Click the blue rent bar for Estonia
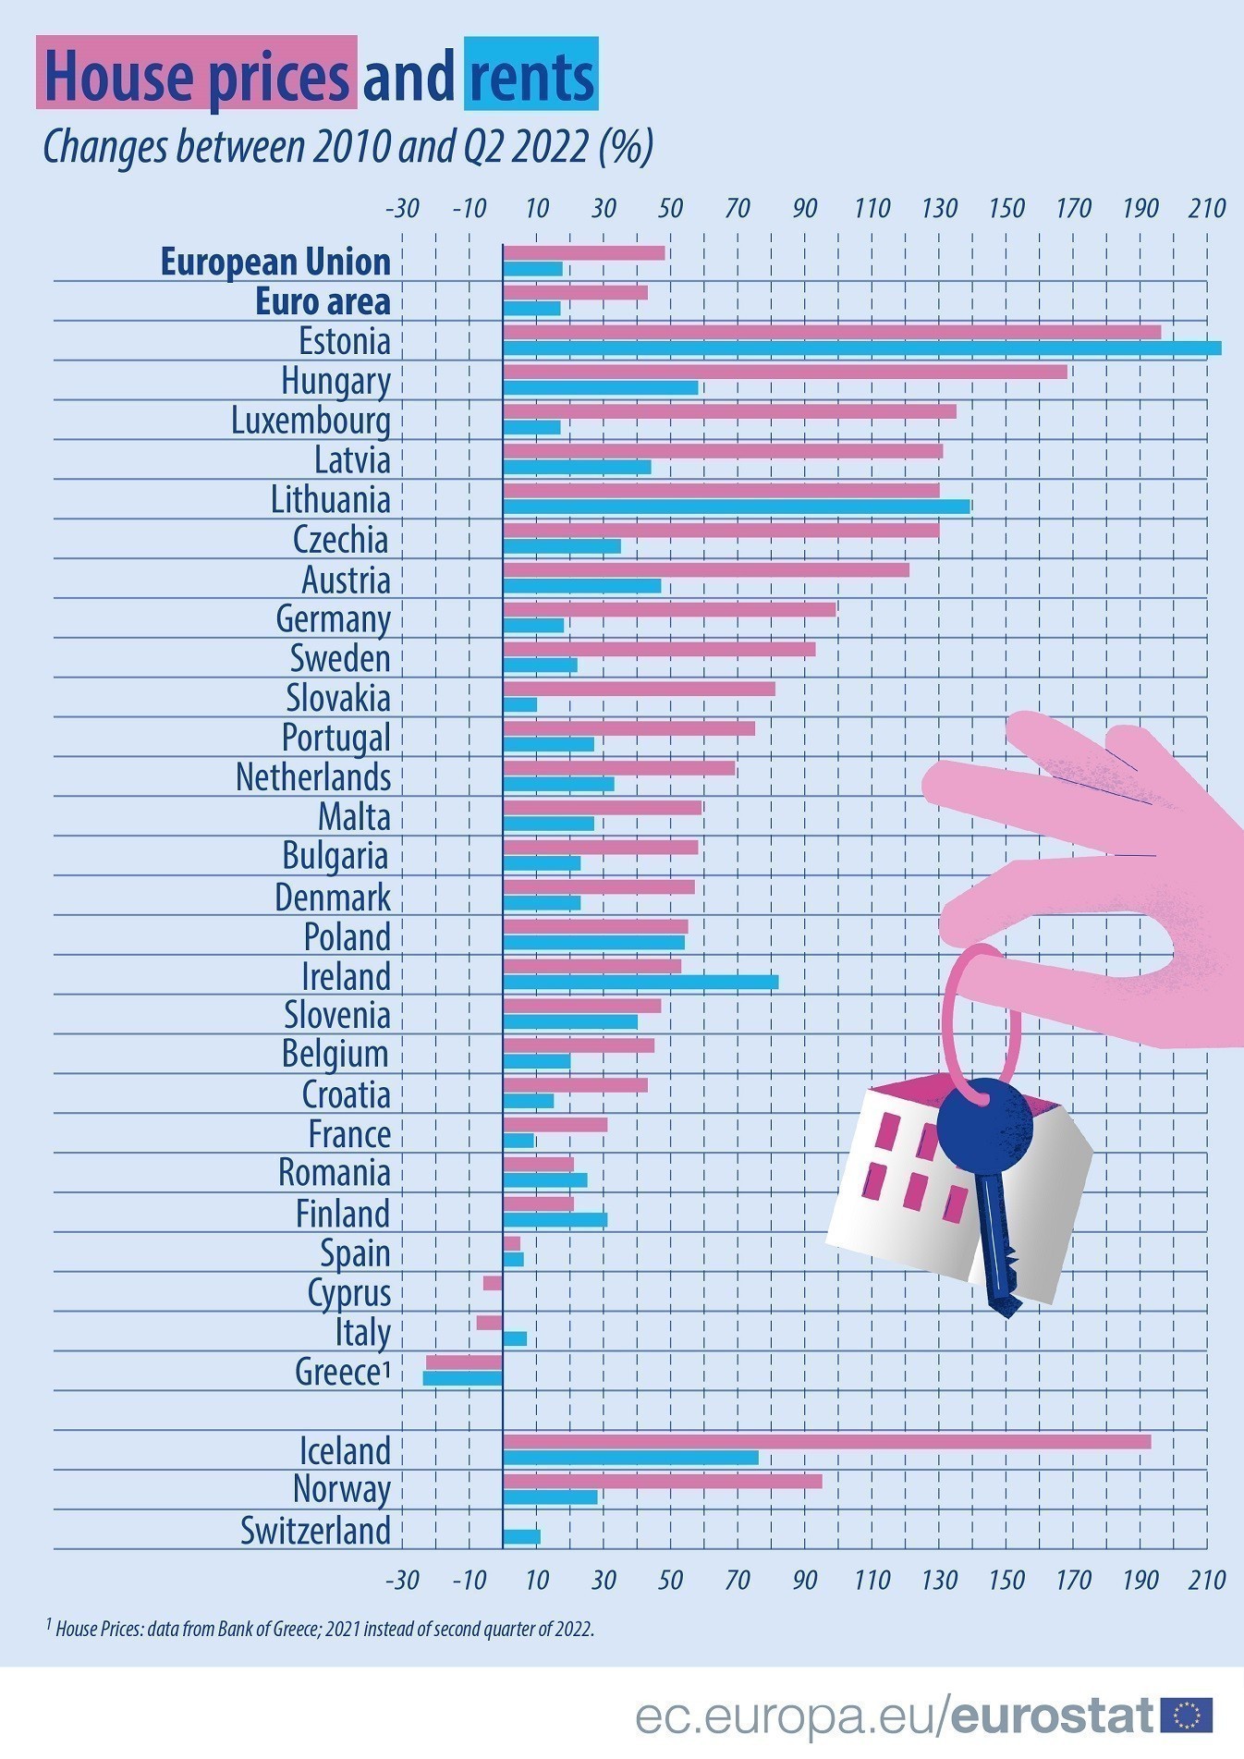(x=861, y=348)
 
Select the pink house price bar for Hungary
(x=785, y=372)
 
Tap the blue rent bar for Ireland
(x=640, y=982)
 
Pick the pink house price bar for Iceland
(x=826, y=1442)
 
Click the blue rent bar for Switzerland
(x=521, y=1537)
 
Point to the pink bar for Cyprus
(x=493, y=1283)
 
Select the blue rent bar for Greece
(x=462, y=1378)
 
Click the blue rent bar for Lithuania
(x=736, y=507)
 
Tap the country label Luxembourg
(x=311, y=421)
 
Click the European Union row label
(x=275, y=262)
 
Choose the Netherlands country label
(x=313, y=777)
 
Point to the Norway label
(x=342, y=1489)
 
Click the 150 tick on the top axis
(x=1006, y=208)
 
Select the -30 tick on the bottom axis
(x=402, y=1580)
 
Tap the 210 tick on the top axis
(x=1206, y=208)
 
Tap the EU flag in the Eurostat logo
(x=1186, y=1716)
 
